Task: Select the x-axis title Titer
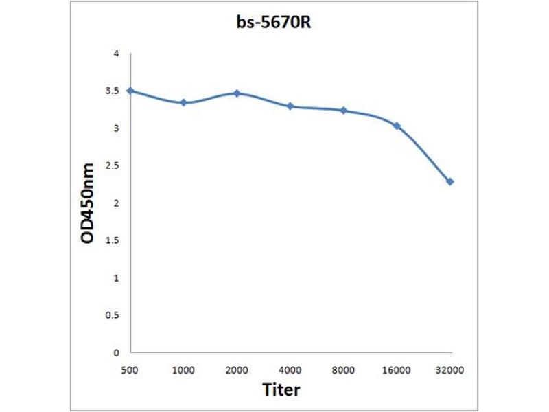[281, 390]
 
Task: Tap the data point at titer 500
[130, 91]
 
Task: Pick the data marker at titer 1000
[184, 102]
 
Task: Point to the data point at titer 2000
[237, 93]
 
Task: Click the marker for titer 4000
[290, 106]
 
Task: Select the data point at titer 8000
[344, 111]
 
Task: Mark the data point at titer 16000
[397, 126]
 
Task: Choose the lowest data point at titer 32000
[450, 182]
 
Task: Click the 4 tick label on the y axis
[116, 54]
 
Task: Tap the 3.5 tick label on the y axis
[113, 91]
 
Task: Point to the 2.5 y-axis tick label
[113, 165]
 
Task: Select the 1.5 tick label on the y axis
[113, 240]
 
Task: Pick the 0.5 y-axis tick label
[113, 315]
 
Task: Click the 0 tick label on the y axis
[116, 353]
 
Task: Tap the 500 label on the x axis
[130, 370]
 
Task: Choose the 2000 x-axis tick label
[237, 370]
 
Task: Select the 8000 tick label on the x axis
[344, 370]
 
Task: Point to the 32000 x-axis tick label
[450, 370]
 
